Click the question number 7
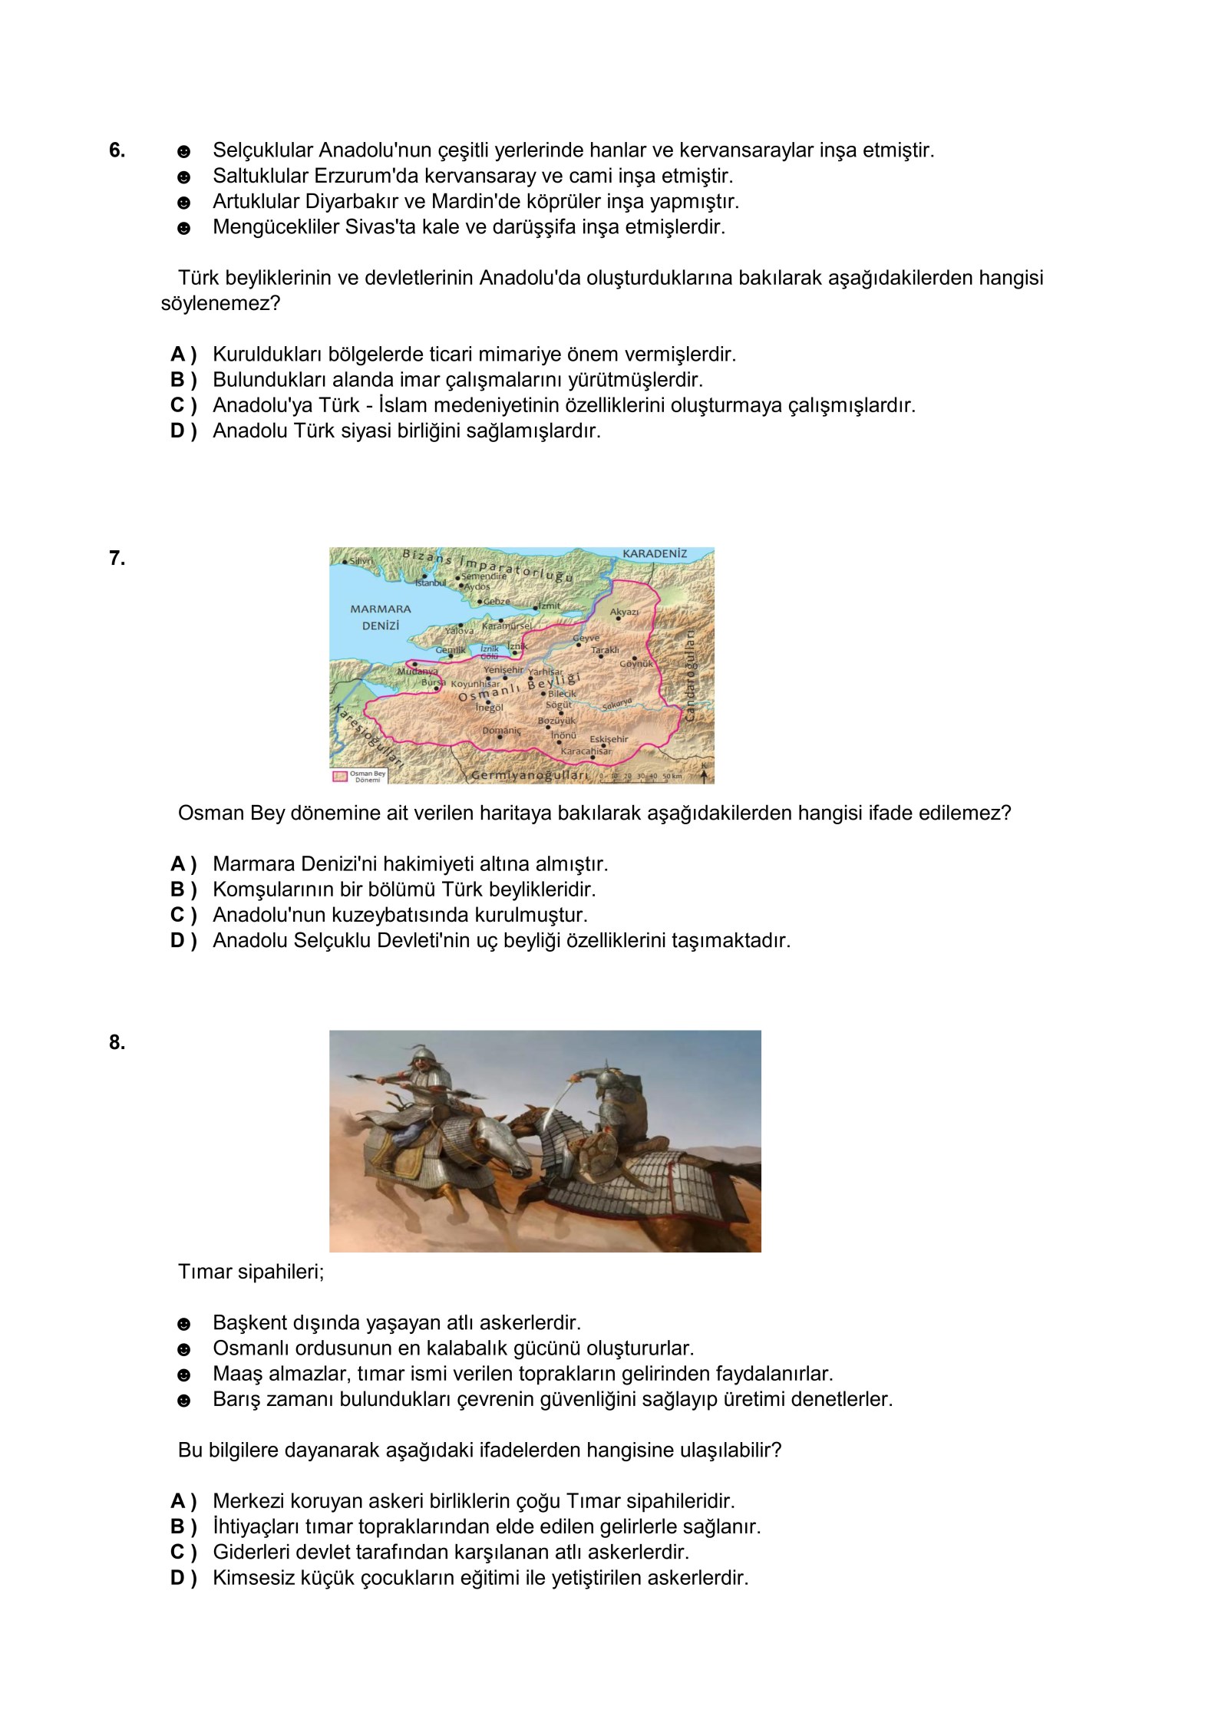(x=117, y=559)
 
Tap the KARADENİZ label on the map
(x=655, y=554)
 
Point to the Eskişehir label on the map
(x=609, y=739)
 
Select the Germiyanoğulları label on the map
(x=530, y=775)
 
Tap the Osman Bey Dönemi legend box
(x=358, y=776)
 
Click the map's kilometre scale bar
(x=640, y=777)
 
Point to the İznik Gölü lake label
(x=490, y=652)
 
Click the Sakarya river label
(x=617, y=704)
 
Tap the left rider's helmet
(x=418, y=1053)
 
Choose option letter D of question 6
(x=183, y=431)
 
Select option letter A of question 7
(x=183, y=864)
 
